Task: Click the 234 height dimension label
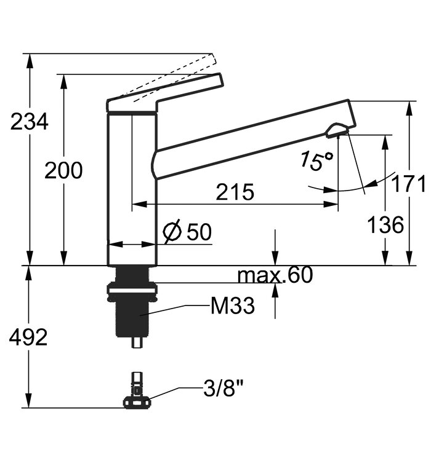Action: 29,121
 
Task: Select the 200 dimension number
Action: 63,170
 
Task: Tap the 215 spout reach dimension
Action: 235,192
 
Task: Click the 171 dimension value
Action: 408,183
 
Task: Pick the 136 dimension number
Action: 385,224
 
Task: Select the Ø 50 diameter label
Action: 188,231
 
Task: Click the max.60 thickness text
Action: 275,275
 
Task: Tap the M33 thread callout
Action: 233,305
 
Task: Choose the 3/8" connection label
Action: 223,388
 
